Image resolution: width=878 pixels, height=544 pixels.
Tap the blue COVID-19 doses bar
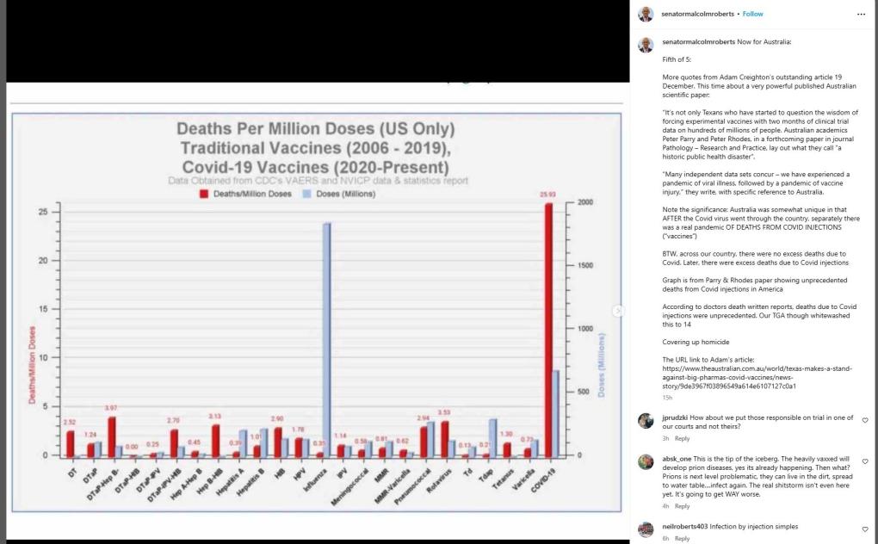(x=556, y=413)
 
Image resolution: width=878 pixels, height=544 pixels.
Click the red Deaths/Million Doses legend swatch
(x=204, y=194)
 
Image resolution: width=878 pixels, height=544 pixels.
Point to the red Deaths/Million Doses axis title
(x=33, y=365)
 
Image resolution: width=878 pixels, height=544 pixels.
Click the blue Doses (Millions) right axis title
(x=602, y=365)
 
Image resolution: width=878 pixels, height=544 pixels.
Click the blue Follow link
(x=752, y=14)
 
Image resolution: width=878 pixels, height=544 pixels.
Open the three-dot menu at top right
(x=861, y=14)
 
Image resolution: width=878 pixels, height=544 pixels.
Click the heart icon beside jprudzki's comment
(x=864, y=421)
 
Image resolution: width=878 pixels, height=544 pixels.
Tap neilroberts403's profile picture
(x=646, y=529)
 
